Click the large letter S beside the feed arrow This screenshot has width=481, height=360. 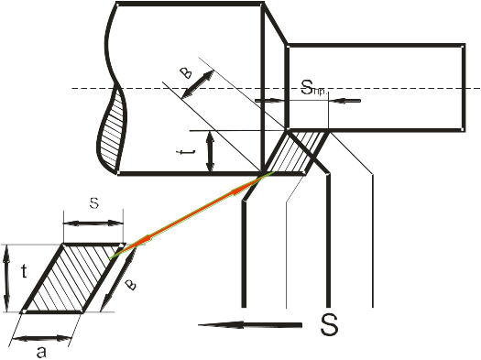click(x=329, y=325)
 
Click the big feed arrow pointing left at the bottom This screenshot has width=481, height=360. click(x=250, y=325)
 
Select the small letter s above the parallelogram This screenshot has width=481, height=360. click(x=94, y=203)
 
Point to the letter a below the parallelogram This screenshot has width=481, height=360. click(x=41, y=352)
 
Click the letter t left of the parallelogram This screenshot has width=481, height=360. click(x=24, y=271)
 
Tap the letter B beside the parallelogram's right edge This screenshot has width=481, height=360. click(x=131, y=285)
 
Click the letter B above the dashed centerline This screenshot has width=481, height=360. click(x=186, y=73)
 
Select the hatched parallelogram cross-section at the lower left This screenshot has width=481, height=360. click(x=73, y=278)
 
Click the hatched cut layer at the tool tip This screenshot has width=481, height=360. click(x=296, y=152)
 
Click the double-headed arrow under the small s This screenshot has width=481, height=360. click(x=93, y=224)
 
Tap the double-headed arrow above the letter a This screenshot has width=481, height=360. click(x=42, y=339)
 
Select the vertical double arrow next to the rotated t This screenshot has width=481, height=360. click(x=210, y=151)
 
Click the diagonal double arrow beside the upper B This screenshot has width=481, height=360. click(x=198, y=84)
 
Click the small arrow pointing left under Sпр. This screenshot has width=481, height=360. click(x=345, y=101)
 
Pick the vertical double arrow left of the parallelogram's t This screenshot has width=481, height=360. click(x=6, y=278)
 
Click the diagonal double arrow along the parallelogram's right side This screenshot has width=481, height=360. click(x=117, y=278)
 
